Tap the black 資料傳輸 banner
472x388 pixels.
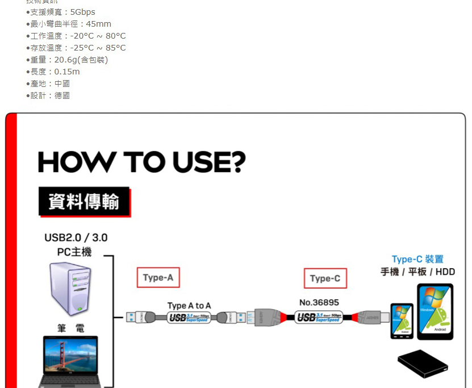click(x=84, y=202)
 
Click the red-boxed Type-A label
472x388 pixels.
click(x=158, y=278)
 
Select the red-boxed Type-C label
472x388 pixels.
click(x=325, y=278)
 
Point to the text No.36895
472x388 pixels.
click(x=319, y=302)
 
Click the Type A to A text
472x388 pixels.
click(x=189, y=306)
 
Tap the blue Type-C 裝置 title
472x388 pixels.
click(x=417, y=259)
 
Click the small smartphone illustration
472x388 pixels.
click(x=402, y=321)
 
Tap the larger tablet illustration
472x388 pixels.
click(x=435, y=312)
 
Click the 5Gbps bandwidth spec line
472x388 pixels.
click(x=63, y=12)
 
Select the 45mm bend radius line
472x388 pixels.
click(x=71, y=24)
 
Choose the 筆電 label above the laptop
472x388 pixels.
click(x=70, y=328)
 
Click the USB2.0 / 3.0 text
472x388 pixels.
click(x=76, y=237)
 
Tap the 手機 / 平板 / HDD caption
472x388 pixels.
click(x=417, y=272)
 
